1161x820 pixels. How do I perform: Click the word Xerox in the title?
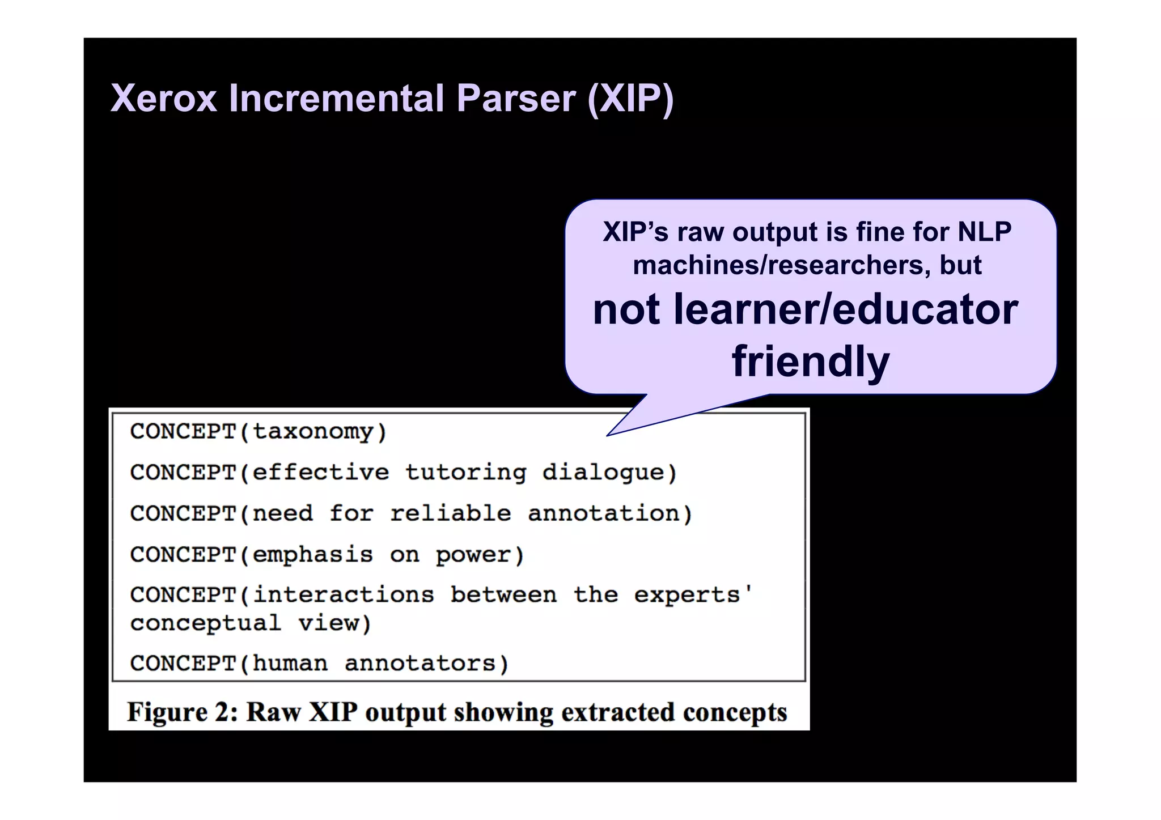(164, 99)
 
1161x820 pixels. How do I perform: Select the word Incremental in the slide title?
(337, 99)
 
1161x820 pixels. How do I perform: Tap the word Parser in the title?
(516, 99)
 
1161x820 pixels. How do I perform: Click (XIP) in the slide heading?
(630, 99)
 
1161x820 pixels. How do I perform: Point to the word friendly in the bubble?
(811, 361)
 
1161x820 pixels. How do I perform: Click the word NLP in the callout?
(984, 232)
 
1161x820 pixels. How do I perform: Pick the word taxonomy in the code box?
(313, 432)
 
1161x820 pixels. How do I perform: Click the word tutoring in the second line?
(466, 472)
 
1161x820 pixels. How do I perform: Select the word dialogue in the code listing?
(603, 472)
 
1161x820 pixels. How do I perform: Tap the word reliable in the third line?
(451, 513)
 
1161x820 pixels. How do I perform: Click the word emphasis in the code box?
(313, 554)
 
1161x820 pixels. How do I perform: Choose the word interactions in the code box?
(344, 595)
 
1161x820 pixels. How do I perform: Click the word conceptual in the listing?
(206, 623)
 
